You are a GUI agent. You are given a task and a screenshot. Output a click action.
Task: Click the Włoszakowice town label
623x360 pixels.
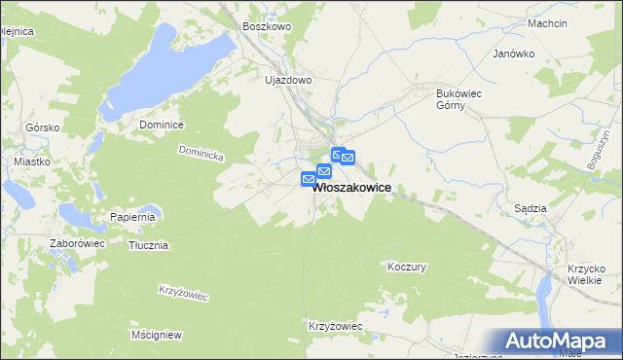(x=352, y=191)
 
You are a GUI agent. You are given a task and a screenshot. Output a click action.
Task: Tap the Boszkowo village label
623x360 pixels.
(x=267, y=27)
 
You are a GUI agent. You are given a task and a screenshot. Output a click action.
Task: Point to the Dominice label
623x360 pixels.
(x=162, y=126)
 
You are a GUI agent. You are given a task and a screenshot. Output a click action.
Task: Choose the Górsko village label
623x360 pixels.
(x=43, y=127)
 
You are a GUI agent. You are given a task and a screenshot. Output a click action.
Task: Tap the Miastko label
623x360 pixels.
(x=31, y=162)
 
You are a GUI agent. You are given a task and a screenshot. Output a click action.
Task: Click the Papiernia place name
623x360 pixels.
(x=133, y=217)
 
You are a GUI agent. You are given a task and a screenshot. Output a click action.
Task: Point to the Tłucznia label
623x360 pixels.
(x=149, y=245)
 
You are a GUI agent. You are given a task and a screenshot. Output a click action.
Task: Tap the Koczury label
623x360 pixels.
(x=407, y=266)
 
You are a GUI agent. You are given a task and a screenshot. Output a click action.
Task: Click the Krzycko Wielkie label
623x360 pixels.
(x=587, y=275)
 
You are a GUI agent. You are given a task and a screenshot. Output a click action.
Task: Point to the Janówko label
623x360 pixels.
(x=514, y=54)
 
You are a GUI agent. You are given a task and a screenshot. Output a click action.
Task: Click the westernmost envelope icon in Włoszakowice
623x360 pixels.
(x=309, y=179)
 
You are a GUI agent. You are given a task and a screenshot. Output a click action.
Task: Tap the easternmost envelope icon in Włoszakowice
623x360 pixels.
(x=348, y=158)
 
